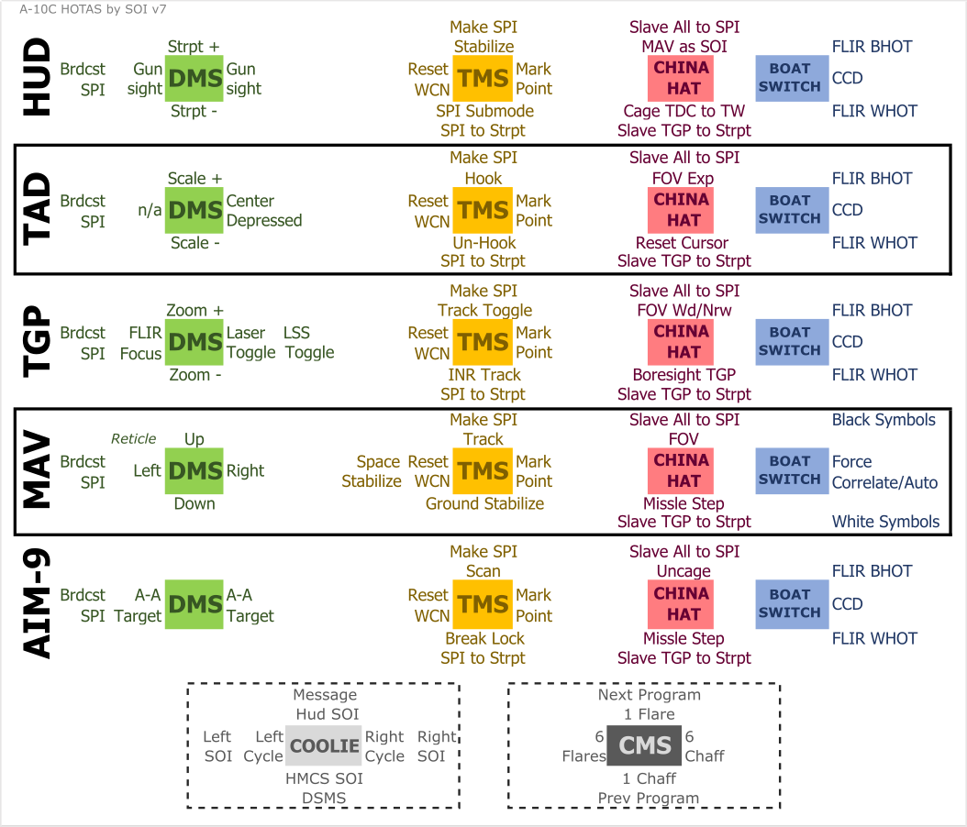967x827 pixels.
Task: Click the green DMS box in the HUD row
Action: (x=195, y=78)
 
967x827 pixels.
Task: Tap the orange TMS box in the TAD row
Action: (x=483, y=210)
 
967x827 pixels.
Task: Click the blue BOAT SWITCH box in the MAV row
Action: (x=792, y=470)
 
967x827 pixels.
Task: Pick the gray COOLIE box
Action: (x=324, y=745)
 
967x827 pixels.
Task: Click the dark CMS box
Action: (x=645, y=745)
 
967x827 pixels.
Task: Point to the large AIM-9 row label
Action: (x=38, y=604)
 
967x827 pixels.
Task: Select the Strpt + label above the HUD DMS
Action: (x=194, y=46)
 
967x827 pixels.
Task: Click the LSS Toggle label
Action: (x=308, y=343)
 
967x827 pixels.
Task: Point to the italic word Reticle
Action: (x=134, y=439)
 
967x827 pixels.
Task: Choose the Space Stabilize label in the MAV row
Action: (x=372, y=471)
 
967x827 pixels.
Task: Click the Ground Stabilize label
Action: (x=484, y=503)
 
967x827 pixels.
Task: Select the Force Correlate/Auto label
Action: (x=884, y=472)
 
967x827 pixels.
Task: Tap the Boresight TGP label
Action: (x=684, y=374)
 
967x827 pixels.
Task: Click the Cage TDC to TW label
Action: (x=684, y=111)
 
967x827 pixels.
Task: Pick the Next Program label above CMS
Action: (x=650, y=694)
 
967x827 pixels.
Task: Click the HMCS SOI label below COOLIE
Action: (x=324, y=778)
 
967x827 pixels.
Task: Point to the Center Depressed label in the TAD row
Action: (x=264, y=211)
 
